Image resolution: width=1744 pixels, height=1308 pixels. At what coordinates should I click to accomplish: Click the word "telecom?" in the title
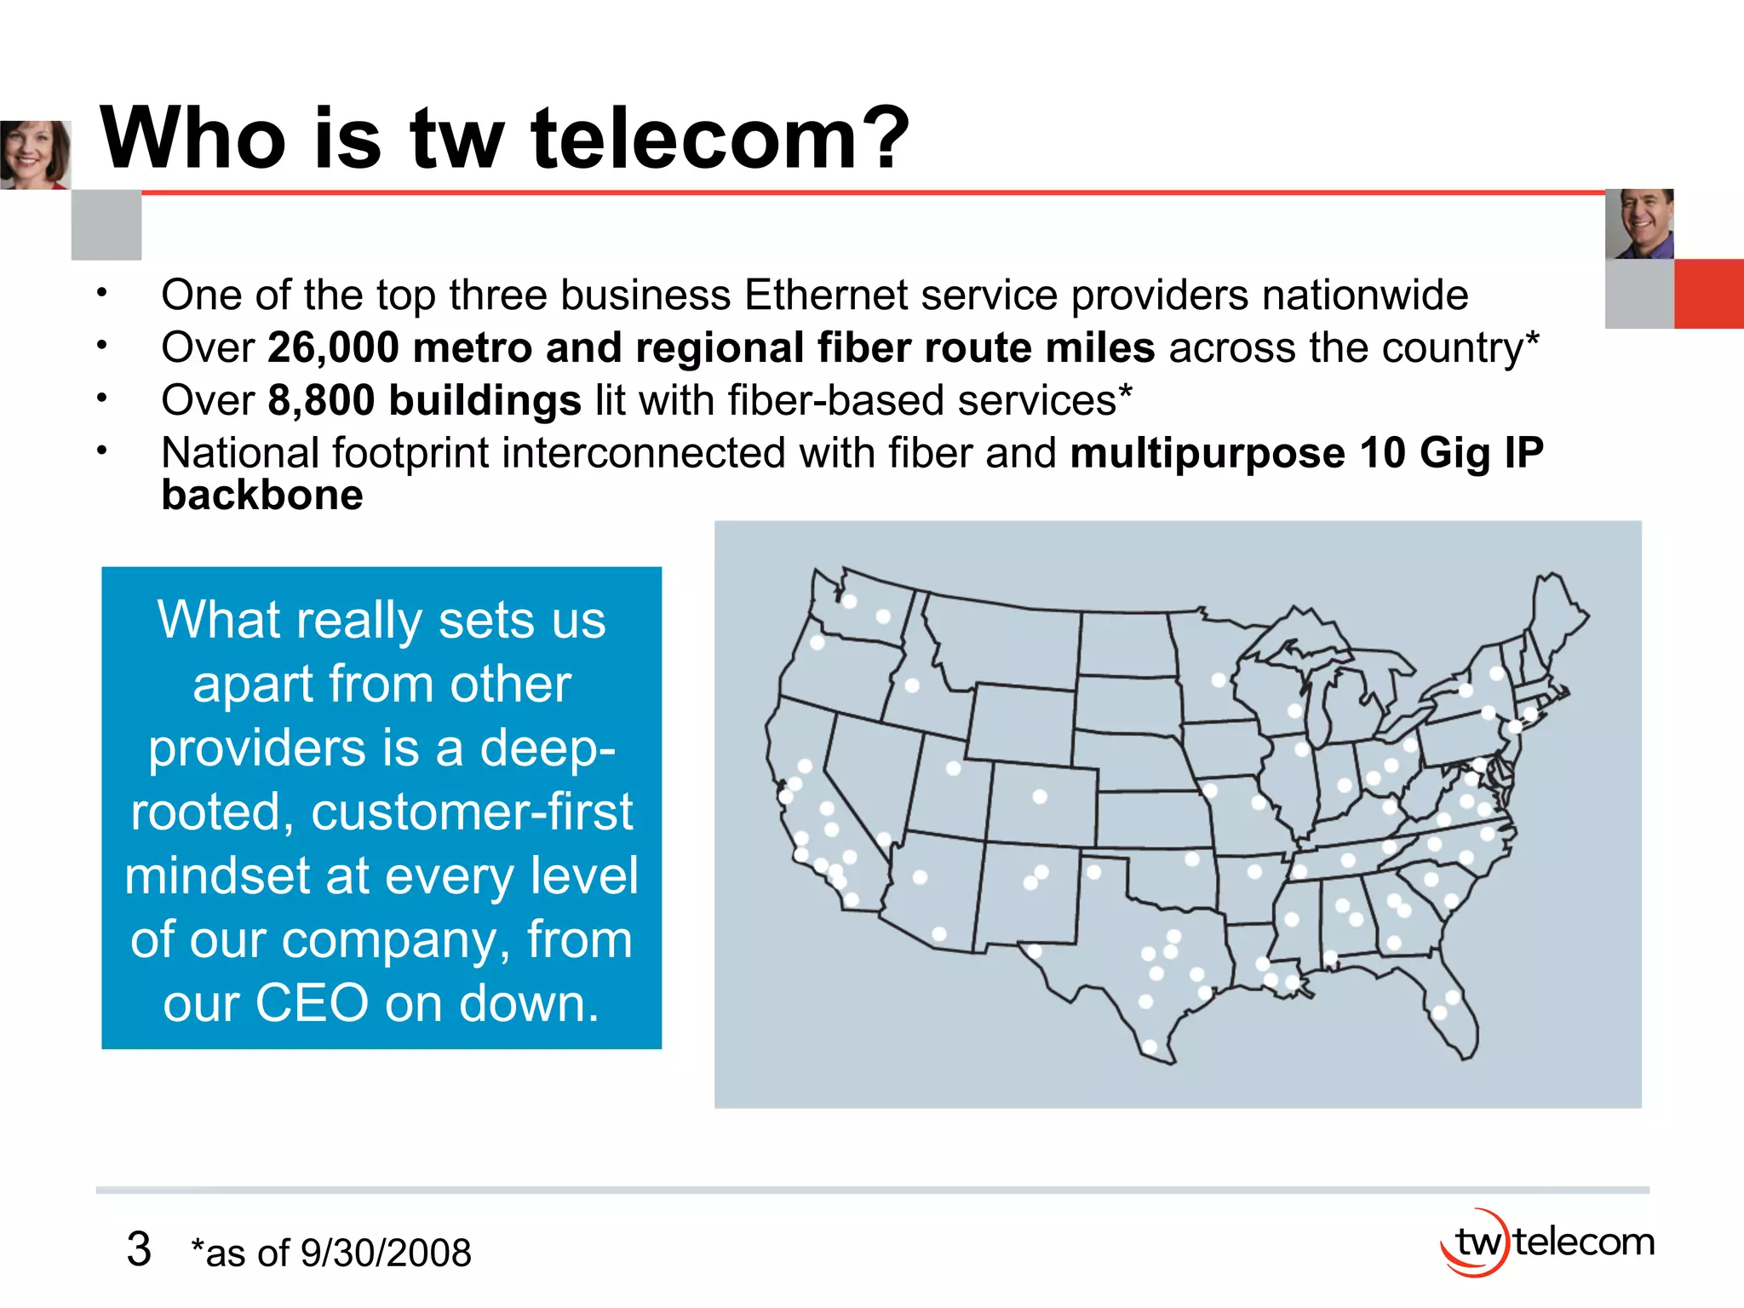720,138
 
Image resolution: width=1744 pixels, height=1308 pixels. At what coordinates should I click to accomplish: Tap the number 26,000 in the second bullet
333,348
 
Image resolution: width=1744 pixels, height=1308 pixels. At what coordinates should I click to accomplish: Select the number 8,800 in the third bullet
321,400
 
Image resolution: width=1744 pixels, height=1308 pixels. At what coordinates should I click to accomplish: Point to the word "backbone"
262,496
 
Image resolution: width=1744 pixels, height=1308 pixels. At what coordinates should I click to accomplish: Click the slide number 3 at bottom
139,1250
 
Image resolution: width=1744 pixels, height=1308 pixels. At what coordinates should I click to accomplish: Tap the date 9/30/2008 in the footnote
386,1253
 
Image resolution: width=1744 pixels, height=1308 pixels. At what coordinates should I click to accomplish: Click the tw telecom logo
1546,1242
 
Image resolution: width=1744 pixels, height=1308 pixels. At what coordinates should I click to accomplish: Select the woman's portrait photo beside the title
35,154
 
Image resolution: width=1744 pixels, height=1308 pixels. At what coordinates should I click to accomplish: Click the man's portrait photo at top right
1639,224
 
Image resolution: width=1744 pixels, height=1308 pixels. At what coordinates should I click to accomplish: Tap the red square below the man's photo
1708,294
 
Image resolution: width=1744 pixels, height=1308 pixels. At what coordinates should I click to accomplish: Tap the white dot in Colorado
1040,796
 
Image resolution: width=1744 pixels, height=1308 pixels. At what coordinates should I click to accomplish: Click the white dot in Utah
954,768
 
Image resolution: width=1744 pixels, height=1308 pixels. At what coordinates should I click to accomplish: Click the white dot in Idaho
912,685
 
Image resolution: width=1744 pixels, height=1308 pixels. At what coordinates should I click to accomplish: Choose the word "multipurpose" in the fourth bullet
1207,453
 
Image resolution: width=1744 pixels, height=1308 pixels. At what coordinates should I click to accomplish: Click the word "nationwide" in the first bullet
1365,295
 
